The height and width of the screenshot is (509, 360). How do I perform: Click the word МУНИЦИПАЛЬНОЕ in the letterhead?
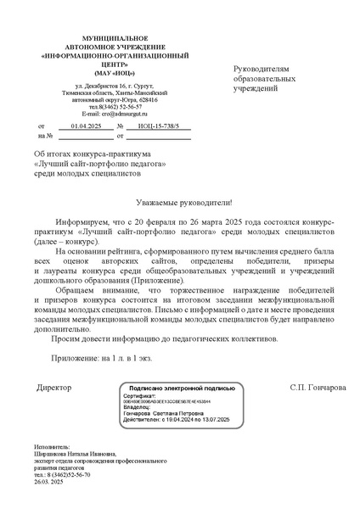click(102, 40)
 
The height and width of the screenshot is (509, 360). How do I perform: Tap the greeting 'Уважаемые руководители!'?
click(180, 204)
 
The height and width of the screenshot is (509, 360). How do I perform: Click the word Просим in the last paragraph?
click(70, 338)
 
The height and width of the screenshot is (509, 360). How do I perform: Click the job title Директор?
click(55, 387)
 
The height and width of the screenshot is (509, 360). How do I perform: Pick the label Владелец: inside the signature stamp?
click(138, 408)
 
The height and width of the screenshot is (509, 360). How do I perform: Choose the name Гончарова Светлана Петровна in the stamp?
click(166, 413)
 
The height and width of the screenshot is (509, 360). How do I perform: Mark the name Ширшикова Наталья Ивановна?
click(77, 454)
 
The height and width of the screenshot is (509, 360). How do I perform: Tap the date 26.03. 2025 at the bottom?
click(52, 483)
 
